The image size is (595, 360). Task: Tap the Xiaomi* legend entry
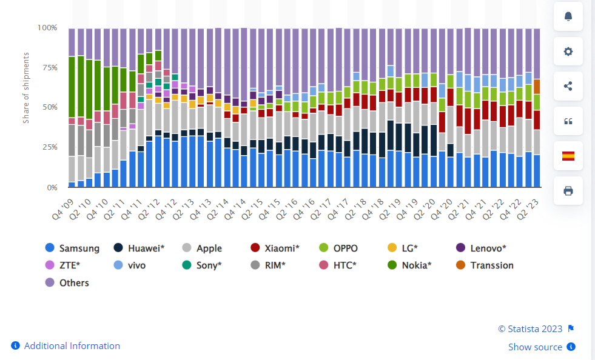278,248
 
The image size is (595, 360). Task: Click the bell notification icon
568,16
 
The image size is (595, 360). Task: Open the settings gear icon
568,52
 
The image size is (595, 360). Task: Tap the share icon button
568,86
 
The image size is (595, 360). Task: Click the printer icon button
568,191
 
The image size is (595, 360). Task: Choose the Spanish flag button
568,156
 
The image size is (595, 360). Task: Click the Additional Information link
72,346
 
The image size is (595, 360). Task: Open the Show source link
536,347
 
